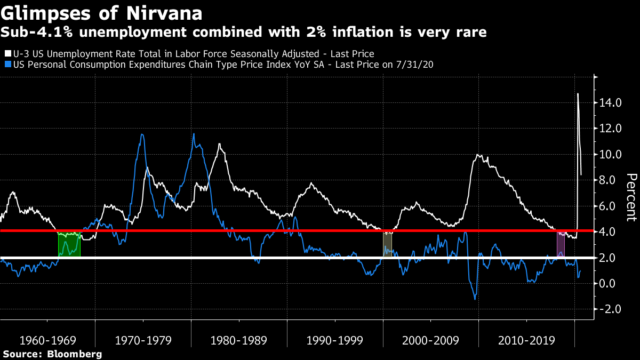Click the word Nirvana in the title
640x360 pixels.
[164, 13]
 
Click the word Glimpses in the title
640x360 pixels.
[46, 14]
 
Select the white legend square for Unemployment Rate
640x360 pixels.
[8, 53]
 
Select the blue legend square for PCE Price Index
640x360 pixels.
[8, 64]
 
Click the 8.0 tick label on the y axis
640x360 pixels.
[607, 180]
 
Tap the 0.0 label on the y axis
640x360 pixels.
[607, 283]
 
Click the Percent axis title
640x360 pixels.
[631, 197]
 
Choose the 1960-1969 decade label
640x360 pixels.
[47, 340]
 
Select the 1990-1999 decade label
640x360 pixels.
[334, 340]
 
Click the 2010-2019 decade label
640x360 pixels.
[526, 340]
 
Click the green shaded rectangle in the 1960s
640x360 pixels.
[69, 244]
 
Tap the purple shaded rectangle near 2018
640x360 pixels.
[561, 244]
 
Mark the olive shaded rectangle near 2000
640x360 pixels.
[387, 245]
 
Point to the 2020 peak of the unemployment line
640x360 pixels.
[578, 93]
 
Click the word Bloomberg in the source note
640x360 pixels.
[75, 354]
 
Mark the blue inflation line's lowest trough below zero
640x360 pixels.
[475, 299]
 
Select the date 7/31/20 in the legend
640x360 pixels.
[414, 65]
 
